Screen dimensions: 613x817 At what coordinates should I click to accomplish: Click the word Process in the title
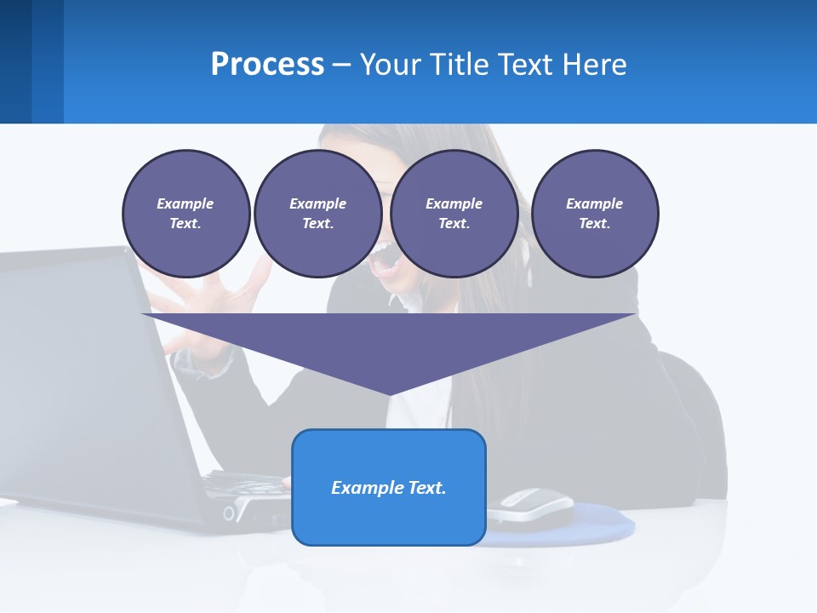tap(267, 65)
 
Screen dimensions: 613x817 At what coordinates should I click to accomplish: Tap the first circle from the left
tap(186, 214)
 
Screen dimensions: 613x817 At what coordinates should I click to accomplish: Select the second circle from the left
tap(317, 214)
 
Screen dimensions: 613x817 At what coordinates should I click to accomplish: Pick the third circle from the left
tap(454, 214)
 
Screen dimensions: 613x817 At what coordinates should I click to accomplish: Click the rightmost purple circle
tap(595, 214)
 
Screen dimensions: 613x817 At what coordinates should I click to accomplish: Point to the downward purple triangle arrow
tap(389, 341)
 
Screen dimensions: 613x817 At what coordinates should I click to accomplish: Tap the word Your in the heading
tap(392, 65)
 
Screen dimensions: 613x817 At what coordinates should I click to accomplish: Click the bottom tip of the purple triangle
tap(389, 393)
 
